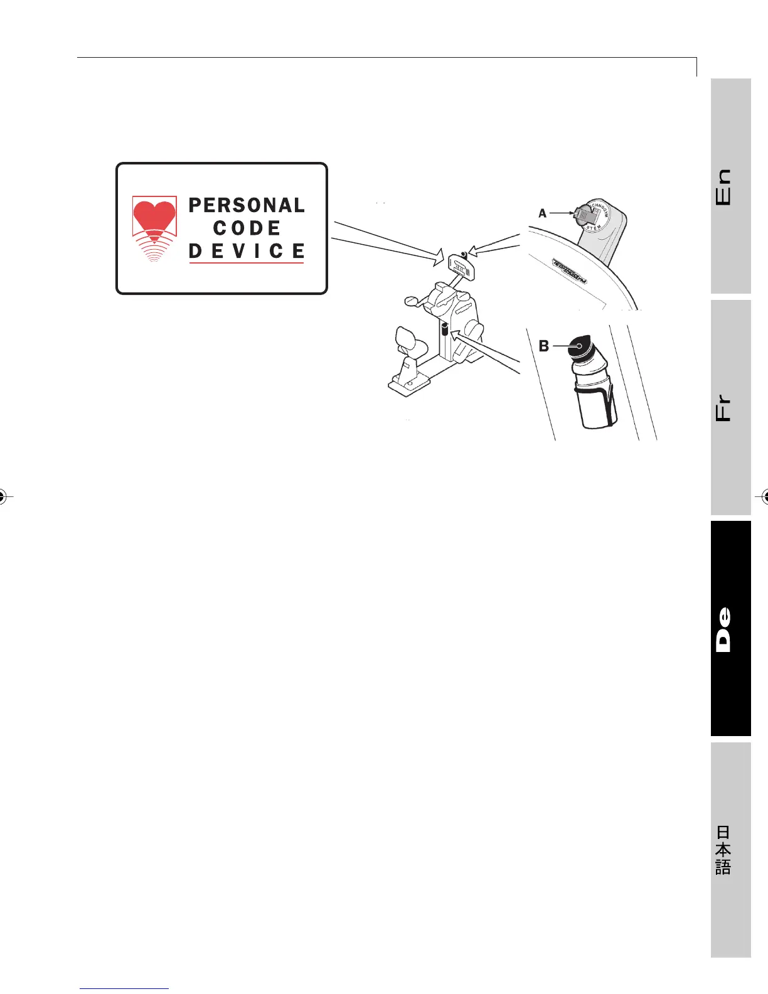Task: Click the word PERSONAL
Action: [x=247, y=205]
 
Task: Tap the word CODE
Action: [x=247, y=228]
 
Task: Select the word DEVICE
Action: [x=247, y=251]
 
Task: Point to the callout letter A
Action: [x=543, y=213]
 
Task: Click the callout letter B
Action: [x=544, y=346]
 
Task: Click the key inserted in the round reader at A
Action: [x=584, y=215]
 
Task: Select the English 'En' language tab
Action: [x=730, y=186]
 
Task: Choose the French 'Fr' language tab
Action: [x=730, y=407]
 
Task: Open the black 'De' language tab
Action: [x=730, y=628]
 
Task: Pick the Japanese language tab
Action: [x=730, y=850]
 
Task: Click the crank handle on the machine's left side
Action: [x=410, y=301]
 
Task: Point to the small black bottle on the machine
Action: [x=445, y=329]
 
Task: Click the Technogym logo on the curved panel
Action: [x=569, y=272]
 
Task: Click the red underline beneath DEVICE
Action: [x=247, y=262]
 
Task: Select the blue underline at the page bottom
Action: [x=125, y=988]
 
